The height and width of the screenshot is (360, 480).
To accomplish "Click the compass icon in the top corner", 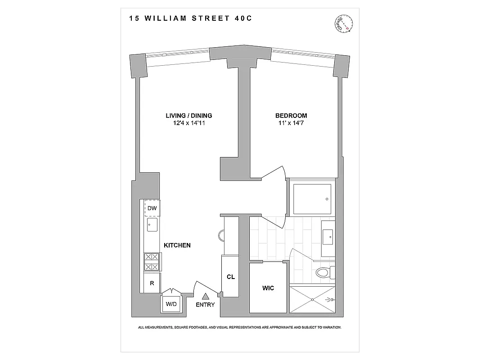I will tap(344, 23).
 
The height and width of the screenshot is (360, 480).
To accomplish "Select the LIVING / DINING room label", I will tap(188, 116).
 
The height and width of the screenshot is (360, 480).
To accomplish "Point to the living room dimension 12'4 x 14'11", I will tap(188, 123).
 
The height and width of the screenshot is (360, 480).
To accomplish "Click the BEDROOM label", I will tap(291, 116).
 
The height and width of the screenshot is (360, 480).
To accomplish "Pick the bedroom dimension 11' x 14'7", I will tap(291, 123).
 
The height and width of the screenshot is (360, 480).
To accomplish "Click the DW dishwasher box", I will tap(152, 208).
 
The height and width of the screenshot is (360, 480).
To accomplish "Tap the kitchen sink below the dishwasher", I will tap(151, 224).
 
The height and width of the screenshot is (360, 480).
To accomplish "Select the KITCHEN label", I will tap(177, 245).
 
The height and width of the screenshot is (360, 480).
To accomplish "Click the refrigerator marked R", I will tap(152, 283).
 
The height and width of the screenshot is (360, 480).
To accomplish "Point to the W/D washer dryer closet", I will tap(171, 304).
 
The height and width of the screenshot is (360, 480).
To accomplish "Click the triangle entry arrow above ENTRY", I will tap(206, 296).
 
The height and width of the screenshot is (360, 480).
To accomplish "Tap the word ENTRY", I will tap(206, 305).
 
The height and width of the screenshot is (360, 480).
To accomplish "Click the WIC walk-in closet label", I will tap(268, 288).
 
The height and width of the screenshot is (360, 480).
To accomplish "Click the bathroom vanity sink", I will tap(328, 234).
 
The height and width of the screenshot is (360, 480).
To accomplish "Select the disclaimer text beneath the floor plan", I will tap(239, 328).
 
